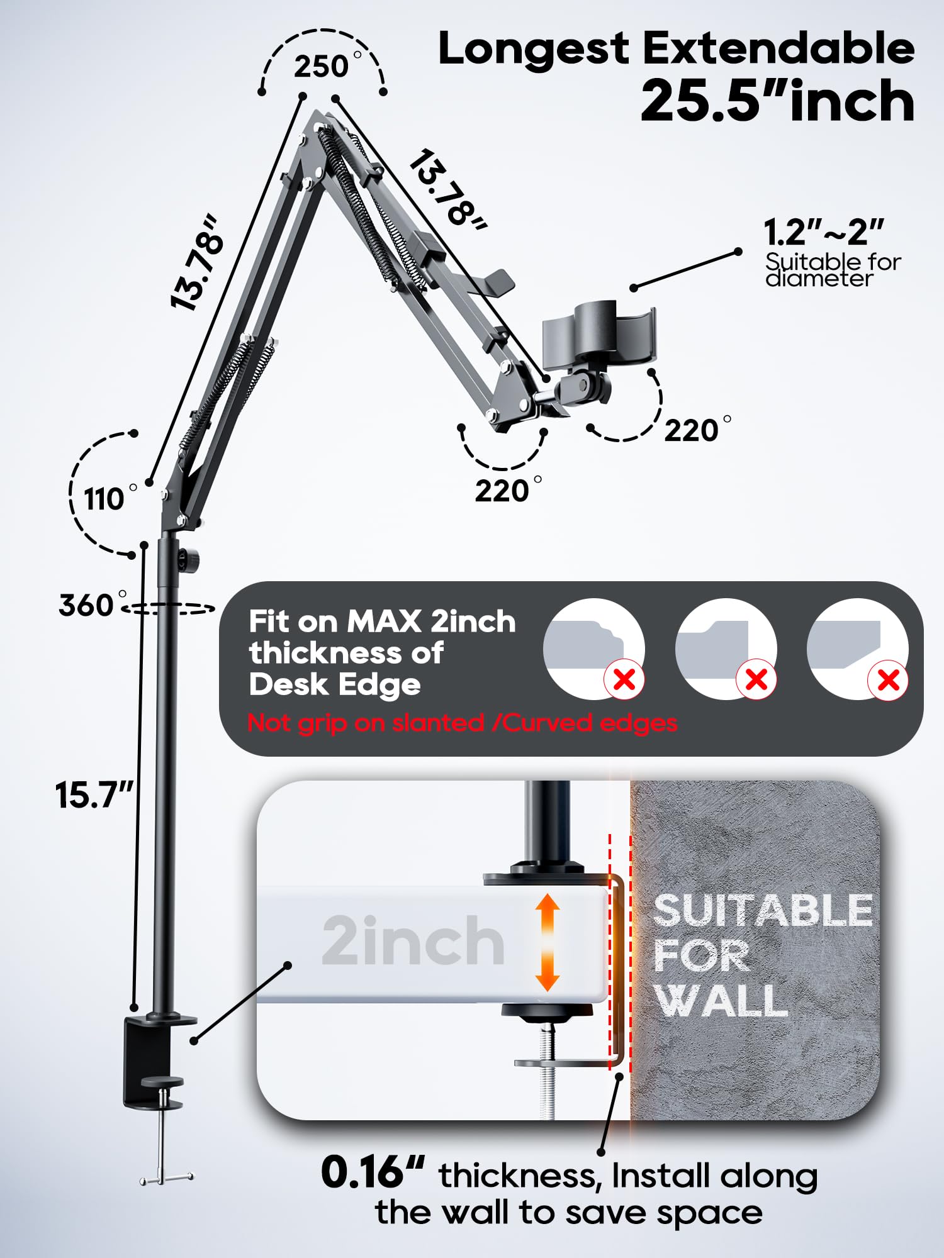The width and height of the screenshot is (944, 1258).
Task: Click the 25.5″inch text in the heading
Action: coord(777,102)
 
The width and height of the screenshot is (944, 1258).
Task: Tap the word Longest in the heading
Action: coord(534,49)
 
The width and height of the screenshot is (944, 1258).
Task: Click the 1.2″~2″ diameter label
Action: coord(824,233)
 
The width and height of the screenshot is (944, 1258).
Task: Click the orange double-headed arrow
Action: coord(548,942)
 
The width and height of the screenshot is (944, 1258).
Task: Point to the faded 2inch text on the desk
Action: coord(413,941)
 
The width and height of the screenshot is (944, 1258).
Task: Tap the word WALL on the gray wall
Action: coord(721,1000)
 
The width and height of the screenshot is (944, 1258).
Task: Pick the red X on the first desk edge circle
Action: coord(624,679)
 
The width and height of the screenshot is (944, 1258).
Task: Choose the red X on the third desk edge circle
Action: coord(888,680)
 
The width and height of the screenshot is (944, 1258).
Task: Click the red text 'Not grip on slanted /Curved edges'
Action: coord(463,723)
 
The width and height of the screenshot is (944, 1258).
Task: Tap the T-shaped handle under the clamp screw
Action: coord(166,1177)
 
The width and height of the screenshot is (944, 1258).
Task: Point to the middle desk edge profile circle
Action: coord(725,649)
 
